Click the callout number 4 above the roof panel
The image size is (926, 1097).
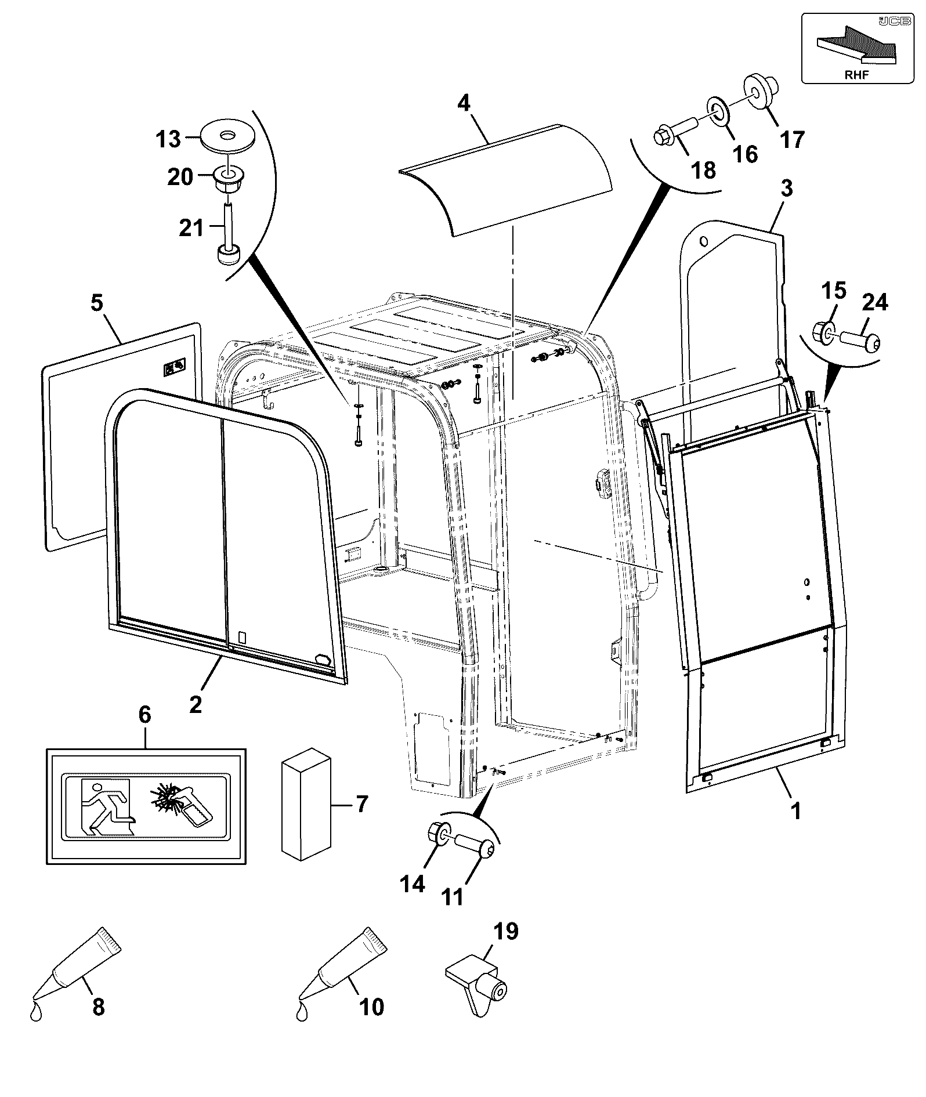pos(464,103)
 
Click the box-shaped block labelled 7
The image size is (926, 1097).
pos(306,803)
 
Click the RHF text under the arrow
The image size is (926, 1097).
pos(857,74)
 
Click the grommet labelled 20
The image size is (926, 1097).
pos(228,179)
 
